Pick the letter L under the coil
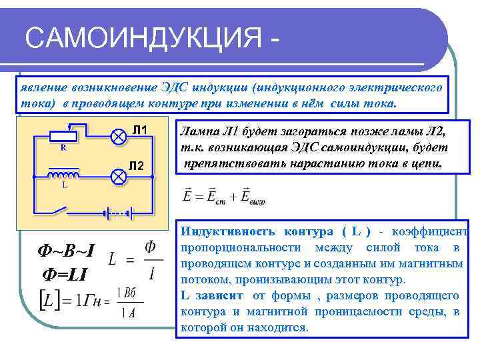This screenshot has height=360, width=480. click(65, 186)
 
